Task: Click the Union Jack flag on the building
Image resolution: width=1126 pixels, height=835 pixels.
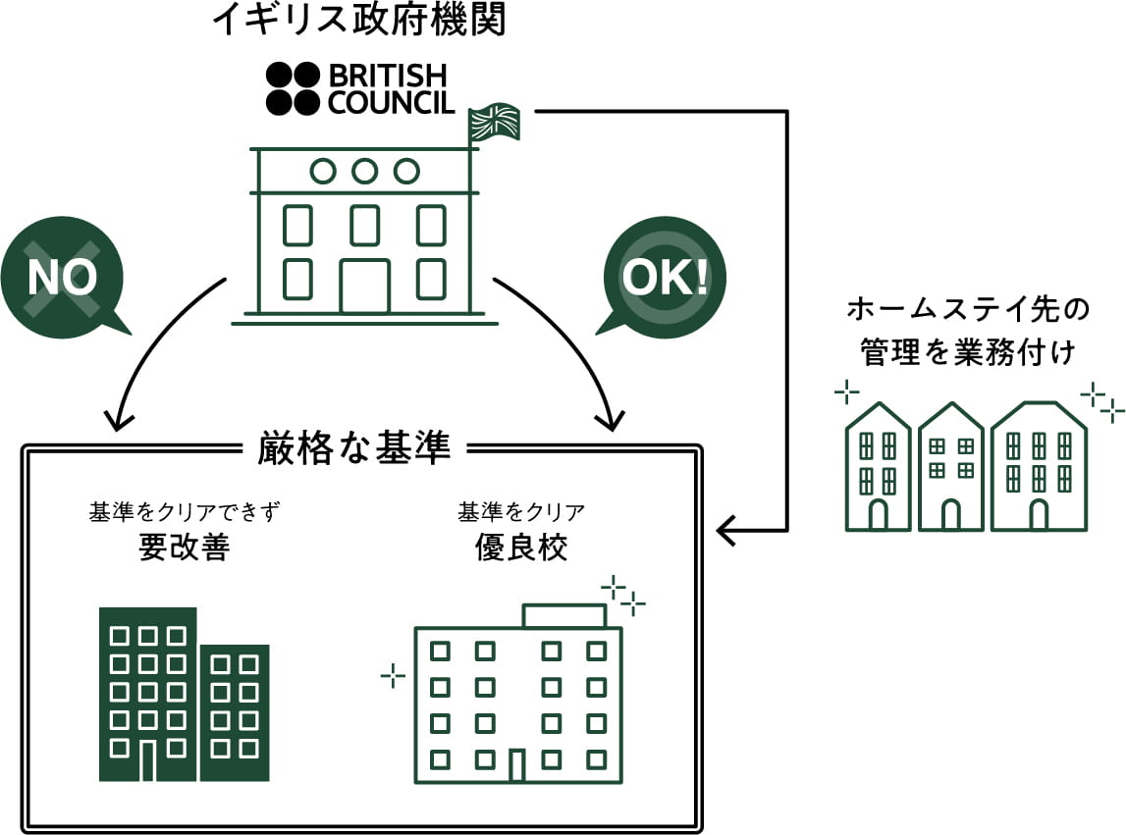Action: click(496, 122)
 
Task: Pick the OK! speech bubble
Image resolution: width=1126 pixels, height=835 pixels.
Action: click(665, 277)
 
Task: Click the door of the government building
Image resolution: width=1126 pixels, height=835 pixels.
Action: click(364, 286)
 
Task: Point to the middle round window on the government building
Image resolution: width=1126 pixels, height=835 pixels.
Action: click(364, 171)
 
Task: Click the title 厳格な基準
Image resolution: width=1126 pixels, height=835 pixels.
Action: click(353, 448)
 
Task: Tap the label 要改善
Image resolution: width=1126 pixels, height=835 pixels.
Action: click(184, 547)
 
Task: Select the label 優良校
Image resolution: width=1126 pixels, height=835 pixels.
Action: click(520, 547)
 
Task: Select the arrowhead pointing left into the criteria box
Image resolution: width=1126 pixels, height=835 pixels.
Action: click(727, 531)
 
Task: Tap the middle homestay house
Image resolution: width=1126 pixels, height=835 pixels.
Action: click(950, 468)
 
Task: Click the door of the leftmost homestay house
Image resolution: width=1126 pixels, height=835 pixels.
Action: click(878, 513)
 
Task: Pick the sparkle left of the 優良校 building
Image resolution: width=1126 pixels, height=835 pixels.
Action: click(393, 674)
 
